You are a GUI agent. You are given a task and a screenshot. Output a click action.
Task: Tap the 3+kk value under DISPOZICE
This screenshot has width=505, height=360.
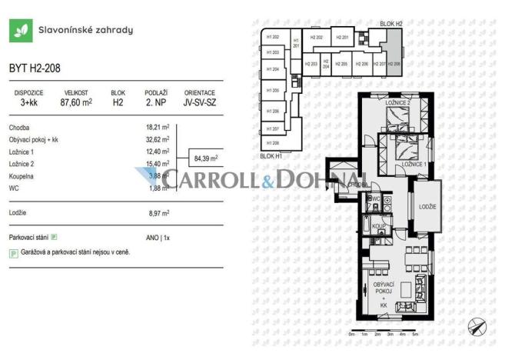[29, 101]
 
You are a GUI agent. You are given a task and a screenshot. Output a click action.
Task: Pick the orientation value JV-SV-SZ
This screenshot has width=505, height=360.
[199, 101]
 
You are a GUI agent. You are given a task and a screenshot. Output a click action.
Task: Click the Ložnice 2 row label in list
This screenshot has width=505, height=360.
[22, 163]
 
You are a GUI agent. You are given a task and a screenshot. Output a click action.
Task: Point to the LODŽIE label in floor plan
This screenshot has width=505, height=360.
[428, 207]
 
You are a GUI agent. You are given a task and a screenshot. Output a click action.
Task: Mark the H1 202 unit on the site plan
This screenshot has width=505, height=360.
[272, 37]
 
